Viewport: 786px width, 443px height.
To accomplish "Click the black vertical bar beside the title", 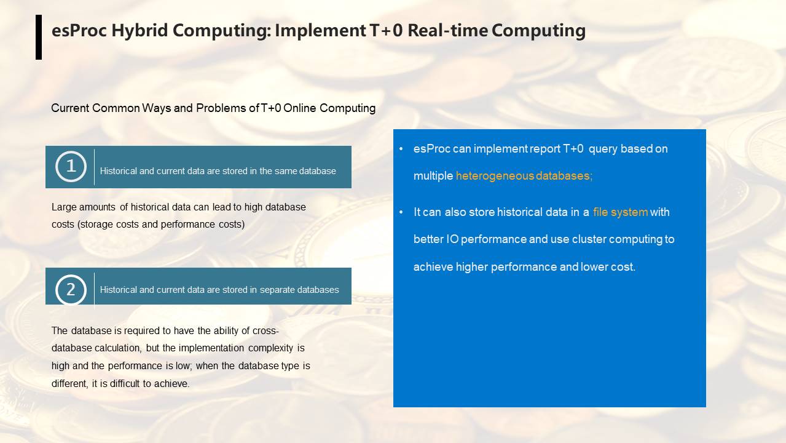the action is point(39,37).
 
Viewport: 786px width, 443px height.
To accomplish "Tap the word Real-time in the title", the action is point(447,30).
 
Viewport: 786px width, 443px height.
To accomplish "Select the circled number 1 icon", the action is point(71,167).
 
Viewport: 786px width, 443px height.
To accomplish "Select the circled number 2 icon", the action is point(71,290).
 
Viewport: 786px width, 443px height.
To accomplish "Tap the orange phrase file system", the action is point(620,212).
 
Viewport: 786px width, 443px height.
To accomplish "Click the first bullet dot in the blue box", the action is point(401,149).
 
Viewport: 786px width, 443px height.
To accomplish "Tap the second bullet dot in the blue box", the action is point(401,212).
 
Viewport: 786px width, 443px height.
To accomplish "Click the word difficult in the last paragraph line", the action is point(125,384).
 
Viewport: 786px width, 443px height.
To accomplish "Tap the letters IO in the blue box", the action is point(452,239).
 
